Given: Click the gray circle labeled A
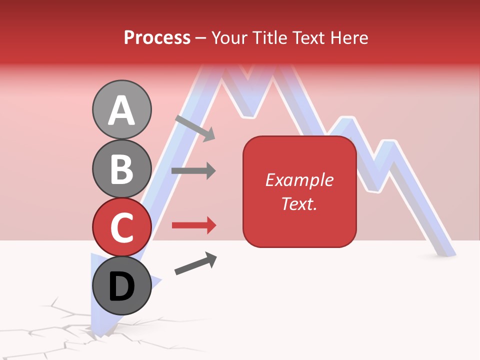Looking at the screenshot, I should click(122, 109).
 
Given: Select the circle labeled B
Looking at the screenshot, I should click(122, 168).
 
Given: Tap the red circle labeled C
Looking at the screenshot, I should click(122, 227).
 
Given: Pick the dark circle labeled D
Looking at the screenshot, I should click(122, 285).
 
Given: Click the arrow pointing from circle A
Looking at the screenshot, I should click(195, 128).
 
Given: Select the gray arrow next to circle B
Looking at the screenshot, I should click(193, 171).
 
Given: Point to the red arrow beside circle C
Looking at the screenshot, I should click(194, 225).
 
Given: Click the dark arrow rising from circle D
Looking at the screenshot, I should click(195, 263).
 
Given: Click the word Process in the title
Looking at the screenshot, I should click(157, 37).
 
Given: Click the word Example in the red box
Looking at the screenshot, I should click(299, 180).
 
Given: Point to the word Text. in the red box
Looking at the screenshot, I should click(299, 203).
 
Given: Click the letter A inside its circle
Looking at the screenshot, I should click(122, 110).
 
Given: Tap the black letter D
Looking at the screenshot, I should click(122, 286).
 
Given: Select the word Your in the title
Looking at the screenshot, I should click(227, 37).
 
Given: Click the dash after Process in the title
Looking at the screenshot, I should click(200, 38).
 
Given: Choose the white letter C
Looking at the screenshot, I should click(122, 227).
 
